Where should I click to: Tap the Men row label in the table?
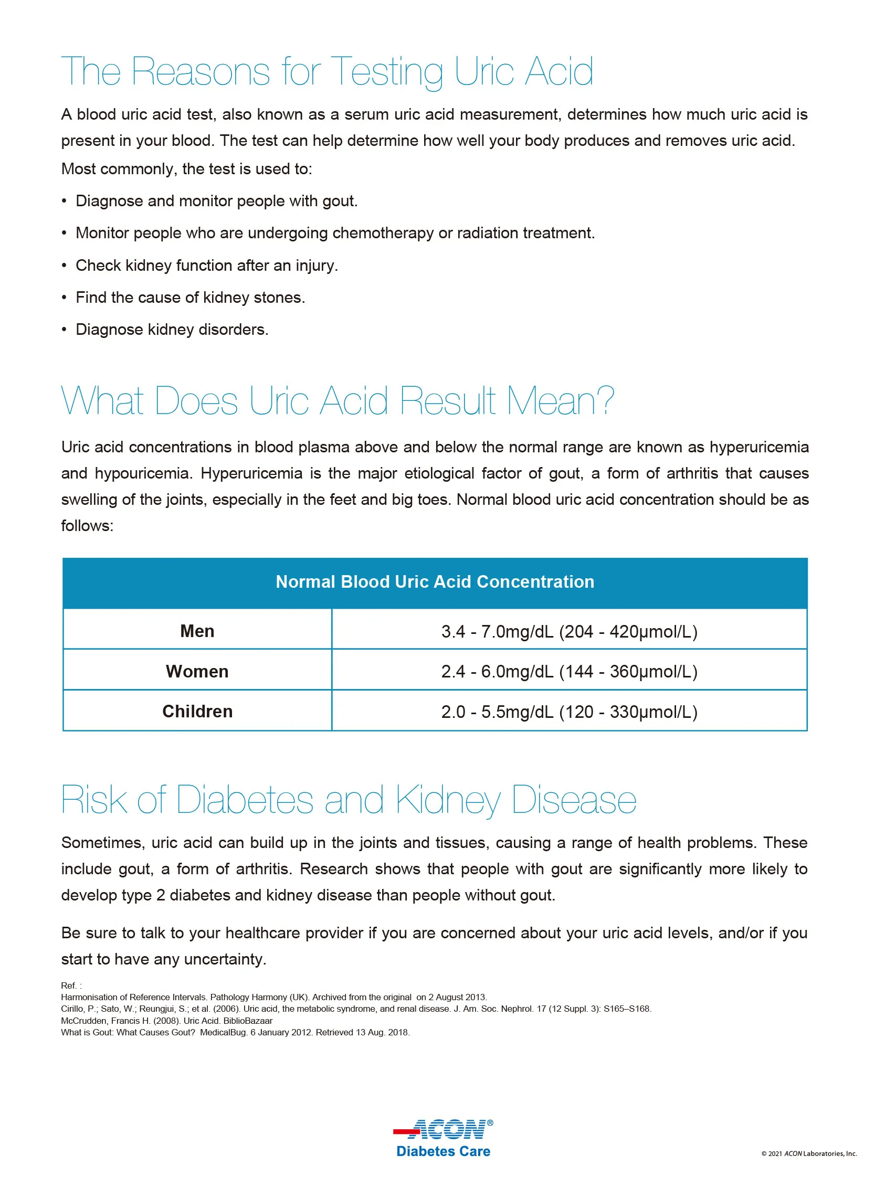tap(197, 631)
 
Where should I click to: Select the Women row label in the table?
tap(197, 671)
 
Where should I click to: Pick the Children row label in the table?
tap(197, 712)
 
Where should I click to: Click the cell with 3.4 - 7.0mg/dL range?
tap(569, 631)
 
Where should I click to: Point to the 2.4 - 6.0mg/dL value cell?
tap(569, 671)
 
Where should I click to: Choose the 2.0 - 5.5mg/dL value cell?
tap(569, 712)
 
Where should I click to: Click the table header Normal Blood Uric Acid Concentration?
tap(435, 582)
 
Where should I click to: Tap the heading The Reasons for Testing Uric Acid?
tap(327, 71)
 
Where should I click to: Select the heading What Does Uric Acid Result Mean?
tap(338, 401)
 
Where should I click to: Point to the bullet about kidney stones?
tap(190, 298)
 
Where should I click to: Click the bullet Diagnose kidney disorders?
tap(172, 330)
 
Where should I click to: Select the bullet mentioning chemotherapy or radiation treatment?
tap(335, 233)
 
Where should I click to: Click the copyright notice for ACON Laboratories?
tap(809, 1153)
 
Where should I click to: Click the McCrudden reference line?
tap(166, 1021)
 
